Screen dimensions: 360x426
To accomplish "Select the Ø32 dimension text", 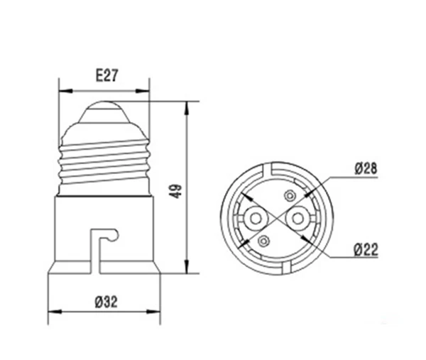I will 104,301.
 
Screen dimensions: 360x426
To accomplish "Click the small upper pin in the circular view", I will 288,195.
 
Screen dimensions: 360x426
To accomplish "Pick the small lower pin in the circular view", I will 262,241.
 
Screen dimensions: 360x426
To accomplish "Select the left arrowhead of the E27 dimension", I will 61,91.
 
